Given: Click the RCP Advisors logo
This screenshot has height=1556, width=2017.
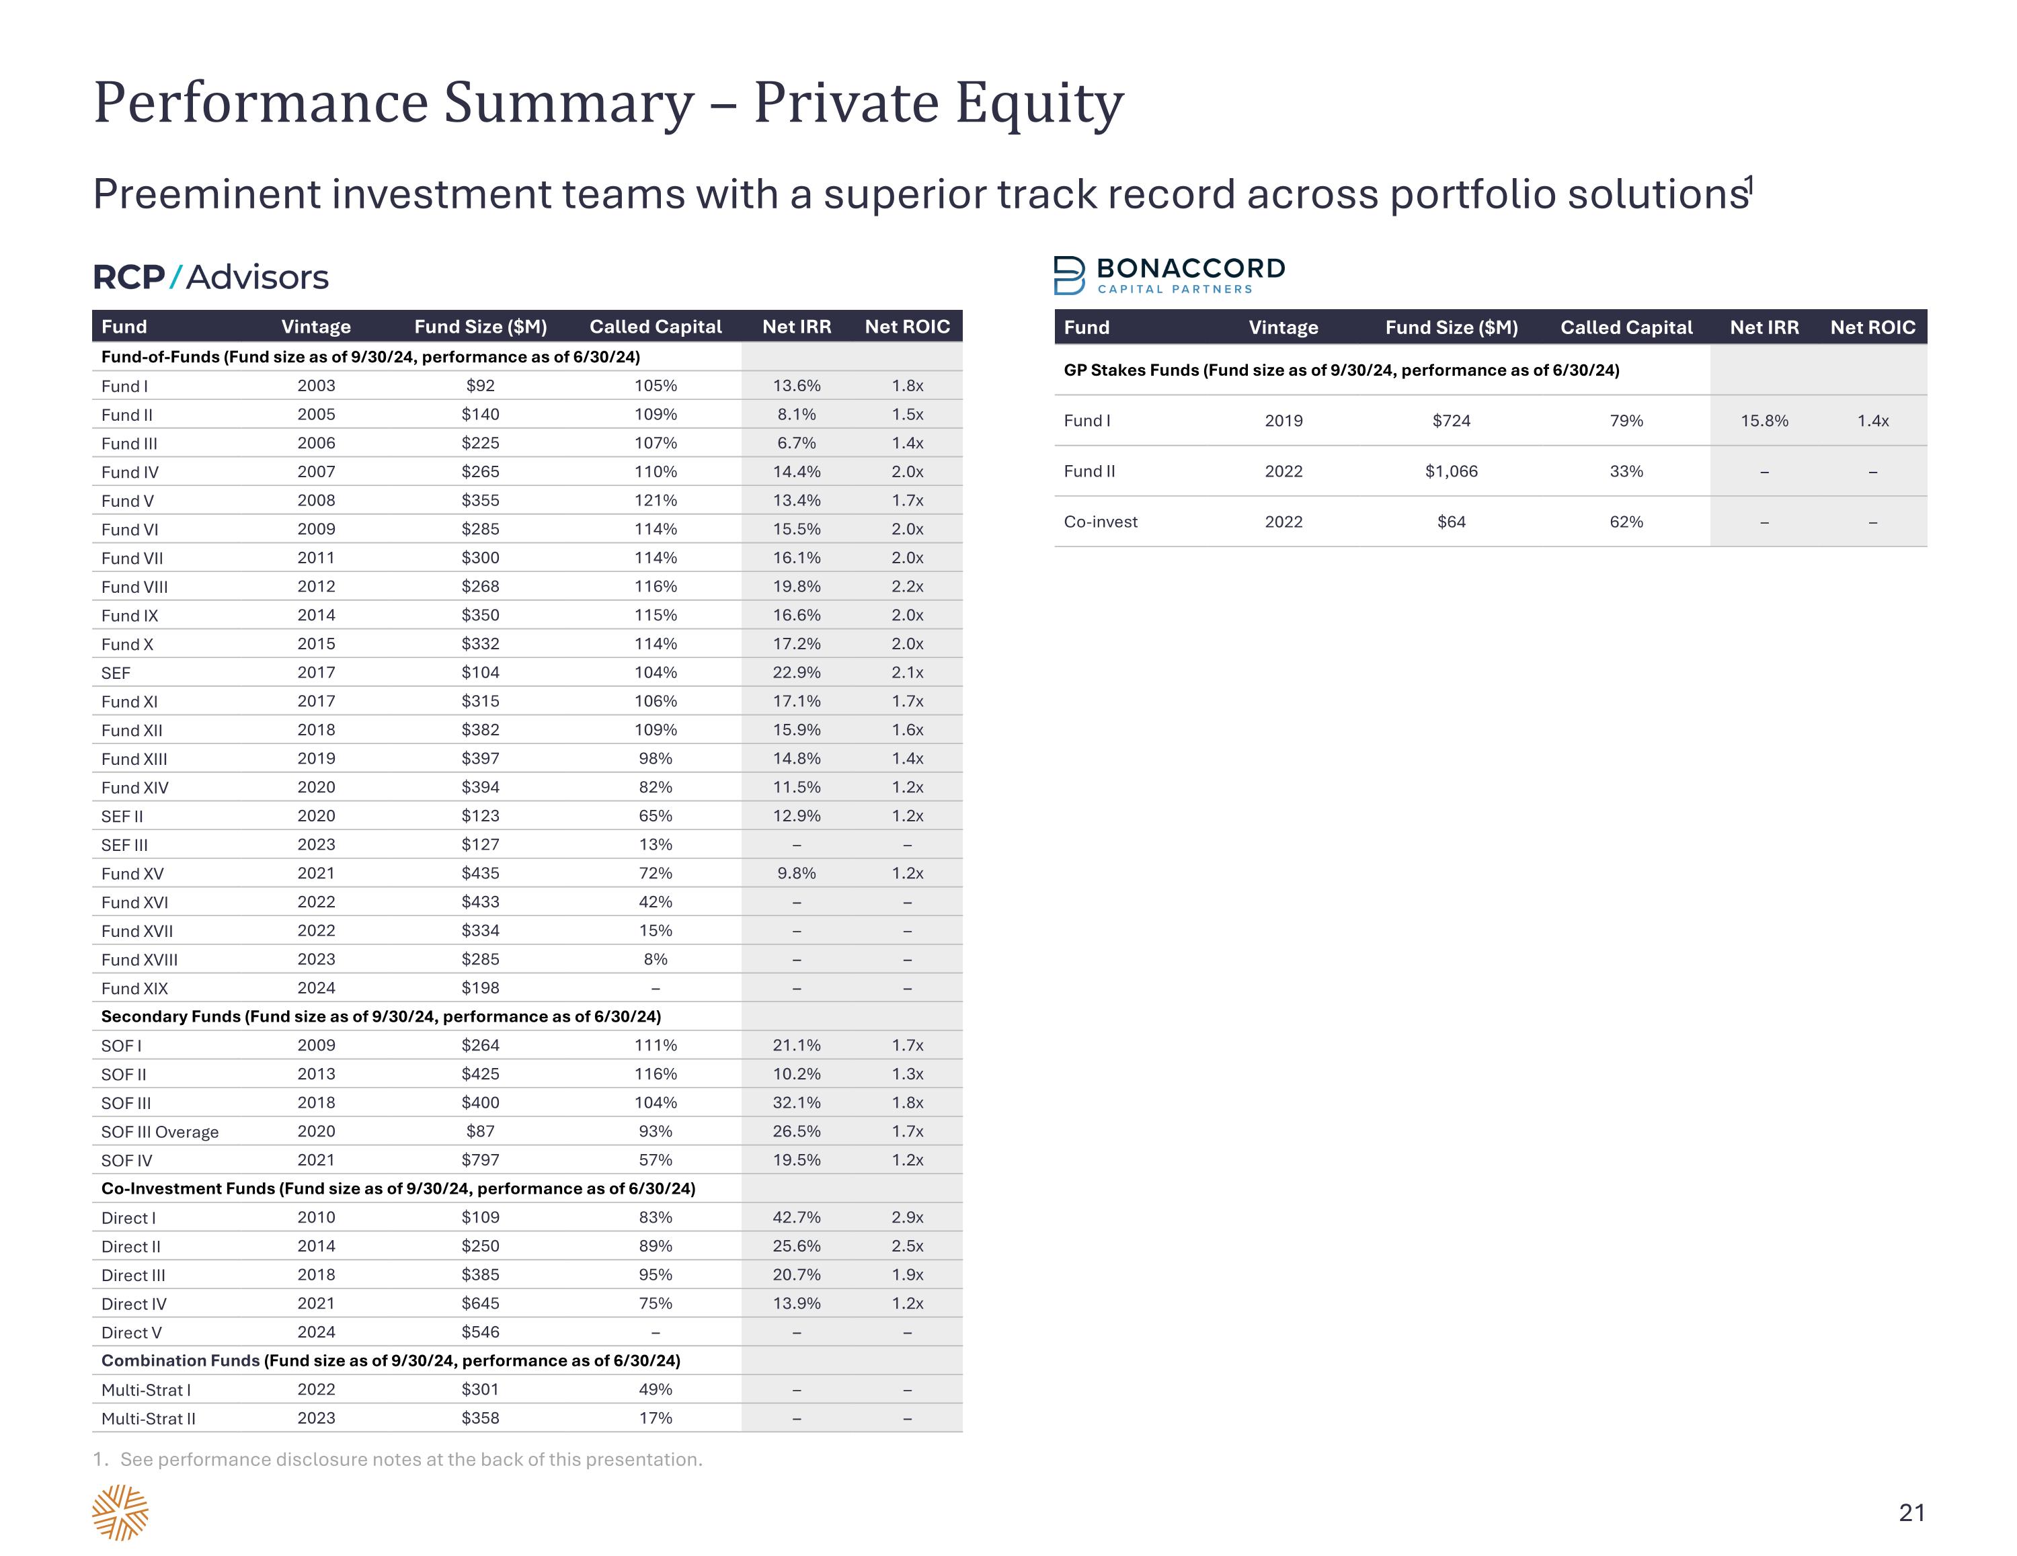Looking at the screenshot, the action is tap(210, 277).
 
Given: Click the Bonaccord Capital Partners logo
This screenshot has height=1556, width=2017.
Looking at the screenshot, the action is tap(1169, 275).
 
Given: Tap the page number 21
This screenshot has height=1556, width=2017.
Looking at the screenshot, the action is tap(1911, 1512).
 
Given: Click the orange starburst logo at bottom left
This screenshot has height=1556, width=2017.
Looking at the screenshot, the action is tap(120, 1512).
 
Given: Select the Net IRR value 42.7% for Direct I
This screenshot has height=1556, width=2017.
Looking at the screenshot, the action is tap(796, 1217).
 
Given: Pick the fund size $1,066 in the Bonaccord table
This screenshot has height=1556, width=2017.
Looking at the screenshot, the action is tap(1451, 471).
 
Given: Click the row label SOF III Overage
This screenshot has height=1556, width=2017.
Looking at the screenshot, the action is tap(160, 1132).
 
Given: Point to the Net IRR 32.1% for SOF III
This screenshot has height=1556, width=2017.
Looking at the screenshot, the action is tap(796, 1102).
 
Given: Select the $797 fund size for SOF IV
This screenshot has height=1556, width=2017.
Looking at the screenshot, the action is tap(480, 1160).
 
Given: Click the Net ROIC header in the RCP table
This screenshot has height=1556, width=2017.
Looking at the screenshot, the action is tap(907, 327).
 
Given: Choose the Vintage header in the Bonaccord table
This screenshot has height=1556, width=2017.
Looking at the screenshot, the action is tap(1283, 328).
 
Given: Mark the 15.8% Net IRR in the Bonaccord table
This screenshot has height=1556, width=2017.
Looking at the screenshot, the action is tap(1764, 421).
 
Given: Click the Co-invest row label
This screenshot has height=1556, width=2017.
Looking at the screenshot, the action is tap(1100, 522).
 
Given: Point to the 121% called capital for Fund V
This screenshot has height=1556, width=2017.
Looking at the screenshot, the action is tap(656, 501).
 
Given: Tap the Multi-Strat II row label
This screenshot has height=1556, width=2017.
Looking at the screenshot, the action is tap(148, 1418).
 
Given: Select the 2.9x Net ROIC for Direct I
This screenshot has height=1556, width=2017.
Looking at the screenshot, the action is tap(907, 1217).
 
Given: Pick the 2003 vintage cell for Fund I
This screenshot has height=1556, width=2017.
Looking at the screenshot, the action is tap(316, 386).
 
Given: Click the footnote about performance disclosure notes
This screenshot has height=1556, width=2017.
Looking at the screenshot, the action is tap(398, 1459).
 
